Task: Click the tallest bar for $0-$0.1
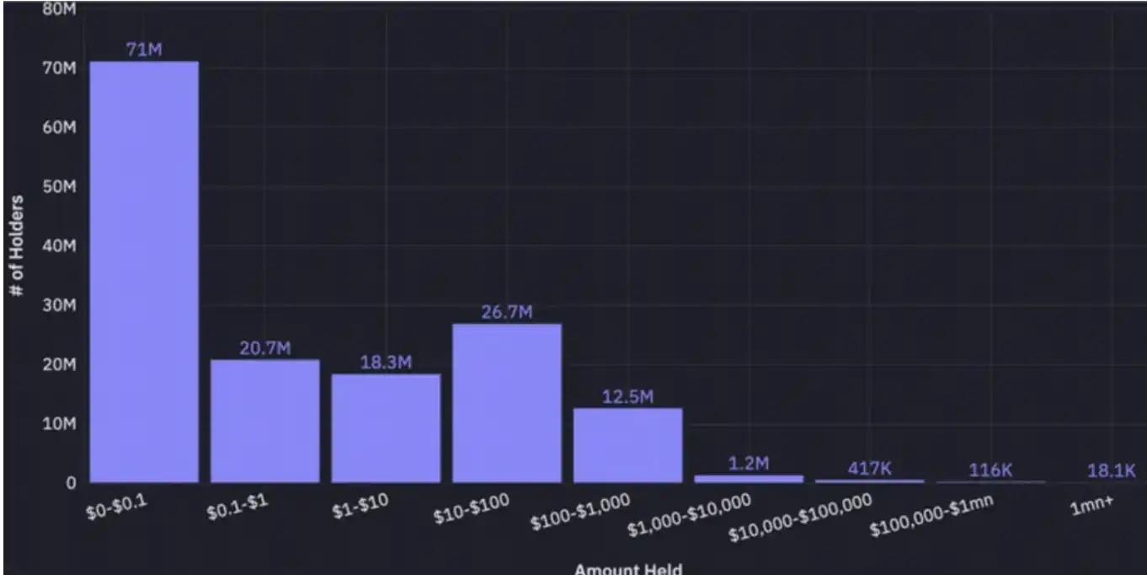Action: click(144, 271)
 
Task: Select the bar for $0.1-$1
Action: click(265, 421)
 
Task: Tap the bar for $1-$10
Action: click(386, 427)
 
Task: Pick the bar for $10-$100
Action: click(507, 403)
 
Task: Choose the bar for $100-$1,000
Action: click(628, 445)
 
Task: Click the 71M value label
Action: click(144, 50)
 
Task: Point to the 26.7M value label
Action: click(507, 313)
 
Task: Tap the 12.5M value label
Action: click(628, 397)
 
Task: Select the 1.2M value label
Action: click(749, 463)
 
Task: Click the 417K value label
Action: click(869, 469)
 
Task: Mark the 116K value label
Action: click(990, 470)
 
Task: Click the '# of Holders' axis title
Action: click(17, 245)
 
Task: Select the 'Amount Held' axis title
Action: click(628, 569)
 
